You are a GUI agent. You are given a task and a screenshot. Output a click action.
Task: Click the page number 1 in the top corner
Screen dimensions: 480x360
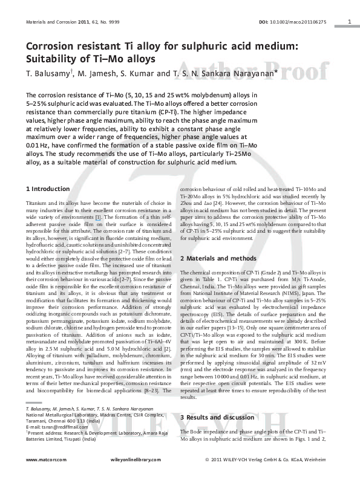351,22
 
